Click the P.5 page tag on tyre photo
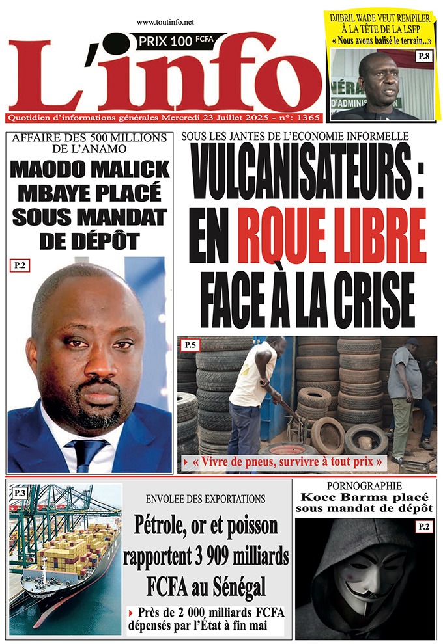(191, 344)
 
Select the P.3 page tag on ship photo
(19, 494)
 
